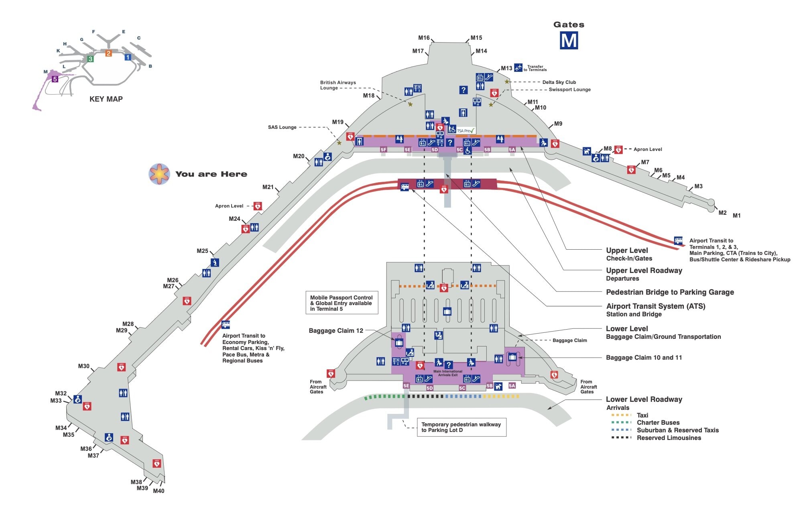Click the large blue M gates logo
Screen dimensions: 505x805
pyautogui.click(x=569, y=41)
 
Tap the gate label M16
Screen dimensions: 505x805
pyautogui.click(x=424, y=38)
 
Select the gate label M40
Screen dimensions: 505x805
pyautogui.click(x=159, y=491)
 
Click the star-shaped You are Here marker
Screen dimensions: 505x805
pyautogui.click(x=159, y=174)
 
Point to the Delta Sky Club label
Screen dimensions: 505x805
pyautogui.click(x=559, y=82)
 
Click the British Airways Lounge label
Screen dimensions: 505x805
pyautogui.click(x=337, y=85)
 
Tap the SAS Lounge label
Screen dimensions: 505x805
pyautogui.click(x=282, y=127)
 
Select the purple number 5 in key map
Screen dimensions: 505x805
pyautogui.click(x=55, y=79)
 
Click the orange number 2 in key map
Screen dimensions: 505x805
pyautogui.click(x=108, y=53)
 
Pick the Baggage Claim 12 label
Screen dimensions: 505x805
pyautogui.click(x=336, y=331)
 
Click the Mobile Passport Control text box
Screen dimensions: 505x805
pyautogui.click(x=342, y=303)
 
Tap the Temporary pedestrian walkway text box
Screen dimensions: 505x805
pyautogui.click(x=461, y=427)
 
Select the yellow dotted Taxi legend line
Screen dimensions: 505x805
pyautogui.click(x=621, y=415)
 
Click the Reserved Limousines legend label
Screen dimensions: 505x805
pyautogui.click(x=669, y=438)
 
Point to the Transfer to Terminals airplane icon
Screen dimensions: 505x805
pyautogui.click(x=518, y=67)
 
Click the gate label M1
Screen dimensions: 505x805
pyautogui.click(x=736, y=216)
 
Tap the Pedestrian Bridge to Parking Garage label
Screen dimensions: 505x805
pyautogui.click(x=670, y=292)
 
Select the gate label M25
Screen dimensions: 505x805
pyautogui.click(x=202, y=251)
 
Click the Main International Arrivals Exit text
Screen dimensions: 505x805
pyautogui.click(x=447, y=373)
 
